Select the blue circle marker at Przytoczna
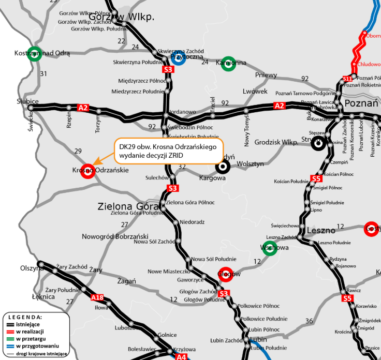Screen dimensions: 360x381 [x=178, y=57]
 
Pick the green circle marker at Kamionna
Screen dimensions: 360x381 [x=228, y=63]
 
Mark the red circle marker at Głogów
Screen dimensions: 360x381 [x=225, y=274]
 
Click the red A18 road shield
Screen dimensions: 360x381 [x=97, y=297]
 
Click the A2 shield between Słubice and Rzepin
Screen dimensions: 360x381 [x=83, y=108]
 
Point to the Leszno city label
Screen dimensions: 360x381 [x=321, y=231]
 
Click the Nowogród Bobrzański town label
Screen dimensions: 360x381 [x=115, y=236]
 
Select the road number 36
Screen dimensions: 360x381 [x=309, y=321]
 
